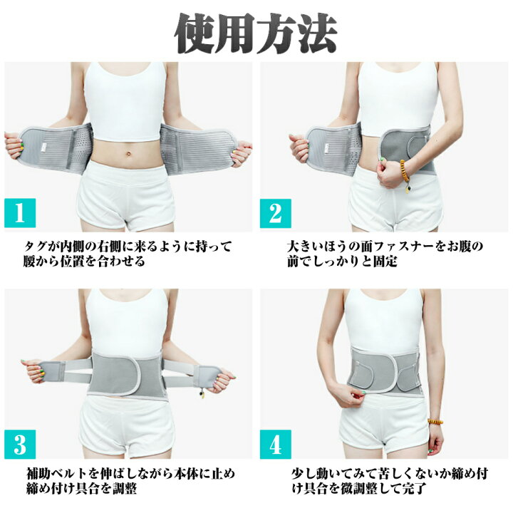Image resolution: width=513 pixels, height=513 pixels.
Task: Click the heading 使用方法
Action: [256, 33]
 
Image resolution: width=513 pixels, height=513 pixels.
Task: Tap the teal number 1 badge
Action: [20, 212]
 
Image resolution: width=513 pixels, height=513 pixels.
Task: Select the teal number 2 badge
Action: [276, 213]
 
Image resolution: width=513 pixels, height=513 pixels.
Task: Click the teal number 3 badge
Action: [20, 445]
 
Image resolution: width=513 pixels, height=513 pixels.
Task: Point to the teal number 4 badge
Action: [276, 445]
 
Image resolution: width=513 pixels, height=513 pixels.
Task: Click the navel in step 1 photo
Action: [129, 152]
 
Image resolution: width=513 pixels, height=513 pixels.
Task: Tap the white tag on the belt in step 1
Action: [44, 148]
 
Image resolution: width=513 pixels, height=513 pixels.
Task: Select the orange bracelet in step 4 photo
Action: [435, 421]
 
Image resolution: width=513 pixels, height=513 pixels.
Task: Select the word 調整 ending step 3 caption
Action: [125, 489]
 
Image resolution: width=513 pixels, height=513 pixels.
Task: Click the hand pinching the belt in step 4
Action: [352, 396]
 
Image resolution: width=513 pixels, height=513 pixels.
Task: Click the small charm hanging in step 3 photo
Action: [202, 393]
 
